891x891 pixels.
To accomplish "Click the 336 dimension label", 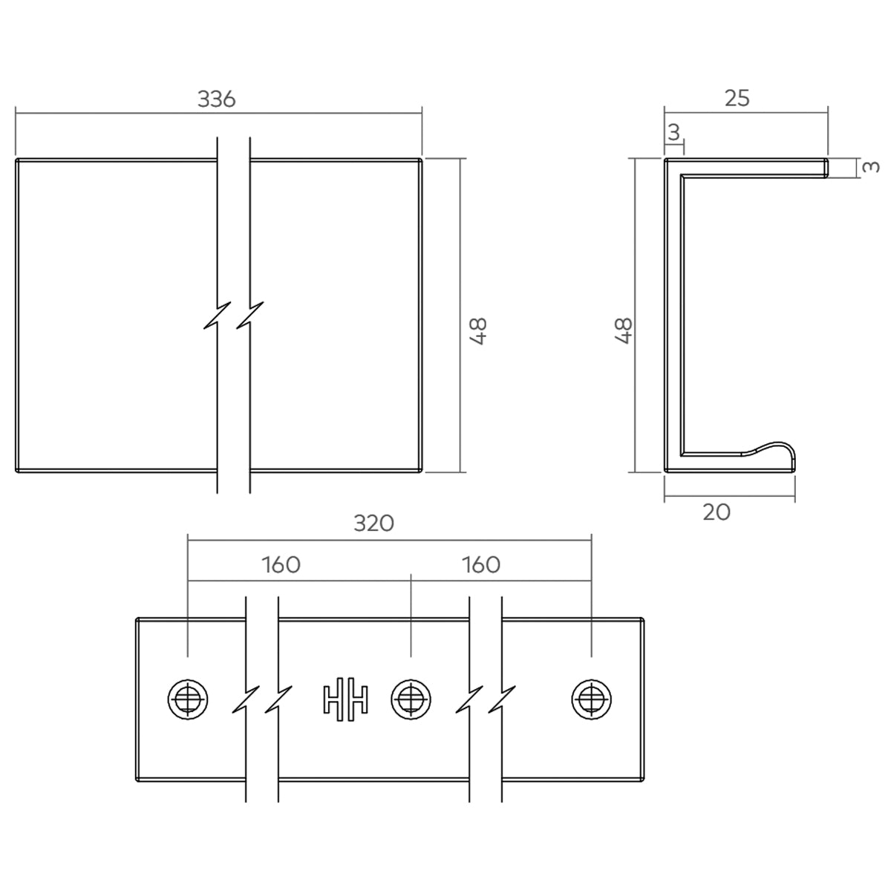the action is [216, 99].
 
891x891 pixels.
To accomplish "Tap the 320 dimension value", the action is [373, 523].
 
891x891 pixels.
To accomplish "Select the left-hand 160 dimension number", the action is [281, 564].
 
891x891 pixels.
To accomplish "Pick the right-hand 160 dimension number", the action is [481, 564].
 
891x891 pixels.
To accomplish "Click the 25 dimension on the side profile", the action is [737, 98].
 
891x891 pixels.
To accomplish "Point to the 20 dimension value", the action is [717, 512].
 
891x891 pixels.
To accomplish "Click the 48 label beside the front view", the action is [479, 331].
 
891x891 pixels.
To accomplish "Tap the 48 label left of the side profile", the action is [624, 331].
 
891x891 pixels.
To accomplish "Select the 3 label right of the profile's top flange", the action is [872, 166].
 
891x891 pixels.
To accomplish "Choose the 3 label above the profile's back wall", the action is [674, 133].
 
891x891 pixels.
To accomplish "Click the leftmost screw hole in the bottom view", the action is [188, 699].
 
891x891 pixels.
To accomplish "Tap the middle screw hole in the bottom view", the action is [411, 699].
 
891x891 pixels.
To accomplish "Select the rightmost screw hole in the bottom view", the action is [591, 699].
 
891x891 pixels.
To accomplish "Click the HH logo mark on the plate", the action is [345, 699].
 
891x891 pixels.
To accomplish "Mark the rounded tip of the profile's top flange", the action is [826, 167].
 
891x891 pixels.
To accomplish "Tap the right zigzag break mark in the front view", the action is [250, 316].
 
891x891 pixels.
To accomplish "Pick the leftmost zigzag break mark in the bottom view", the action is [246, 699].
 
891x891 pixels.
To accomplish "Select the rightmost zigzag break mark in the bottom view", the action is [502, 699].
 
